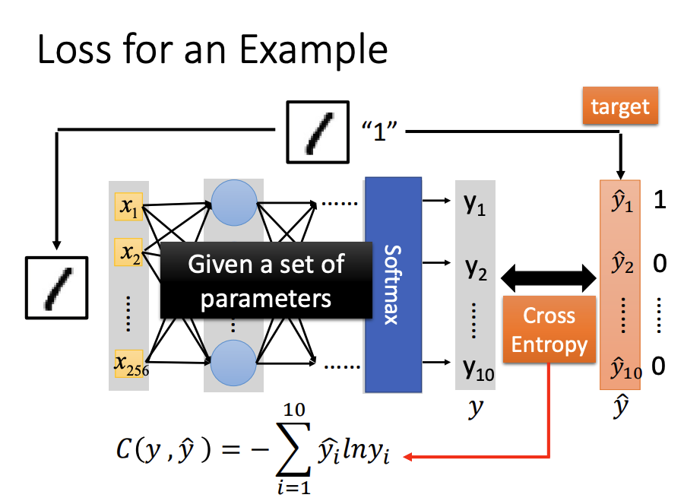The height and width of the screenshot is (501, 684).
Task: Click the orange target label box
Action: coord(619,106)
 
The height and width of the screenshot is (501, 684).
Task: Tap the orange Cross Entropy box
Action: coord(549,330)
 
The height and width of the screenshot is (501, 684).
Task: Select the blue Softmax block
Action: coord(393,284)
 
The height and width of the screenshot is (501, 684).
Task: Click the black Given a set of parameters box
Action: coord(266,280)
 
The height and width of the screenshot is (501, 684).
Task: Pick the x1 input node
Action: coord(128,205)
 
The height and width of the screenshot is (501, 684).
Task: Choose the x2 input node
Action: coord(128,251)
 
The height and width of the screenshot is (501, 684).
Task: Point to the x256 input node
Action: coord(130,364)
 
